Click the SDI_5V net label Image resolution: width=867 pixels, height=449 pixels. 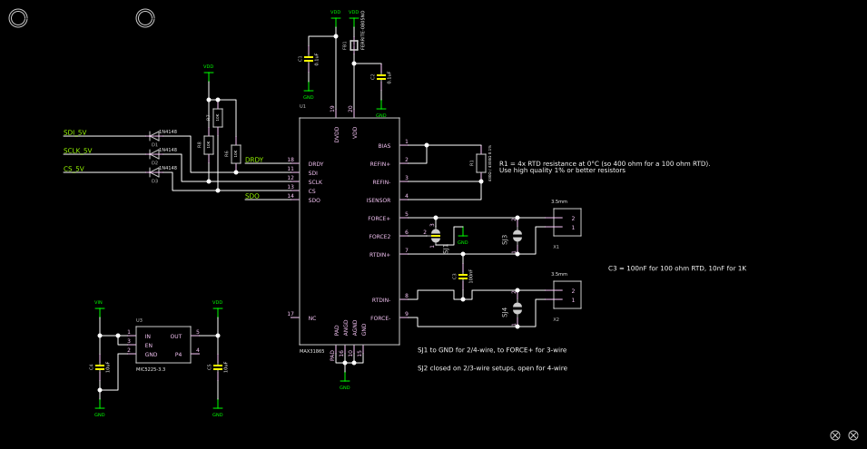tap(74, 132)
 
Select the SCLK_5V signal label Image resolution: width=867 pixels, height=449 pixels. tap(77, 151)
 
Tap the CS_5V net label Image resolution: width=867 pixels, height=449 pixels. tap(74, 169)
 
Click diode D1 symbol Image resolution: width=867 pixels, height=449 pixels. tap(154, 136)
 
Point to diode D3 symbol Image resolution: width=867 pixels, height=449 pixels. tap(154, 172)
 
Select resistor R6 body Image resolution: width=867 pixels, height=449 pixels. tap(236, 154)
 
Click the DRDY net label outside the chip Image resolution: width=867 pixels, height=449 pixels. tap(254, 161)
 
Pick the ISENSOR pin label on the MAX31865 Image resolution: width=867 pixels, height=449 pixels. tap(379, 200)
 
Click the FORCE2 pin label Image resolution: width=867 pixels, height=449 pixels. tap(379, 237)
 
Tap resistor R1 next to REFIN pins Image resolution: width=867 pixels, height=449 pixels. tap(481, 163)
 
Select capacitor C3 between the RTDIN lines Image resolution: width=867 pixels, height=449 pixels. tap(463, 275)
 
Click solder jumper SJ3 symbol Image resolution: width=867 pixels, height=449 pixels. tap(517, 236)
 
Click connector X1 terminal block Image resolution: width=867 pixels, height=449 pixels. tap(567, 222)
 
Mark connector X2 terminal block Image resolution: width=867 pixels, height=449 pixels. tap(567, 295)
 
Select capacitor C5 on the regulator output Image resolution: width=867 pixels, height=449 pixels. tap(218, 366)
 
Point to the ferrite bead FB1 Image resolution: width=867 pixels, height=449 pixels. tap(354, 44)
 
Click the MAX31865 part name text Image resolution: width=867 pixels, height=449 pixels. tap(311, 351)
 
